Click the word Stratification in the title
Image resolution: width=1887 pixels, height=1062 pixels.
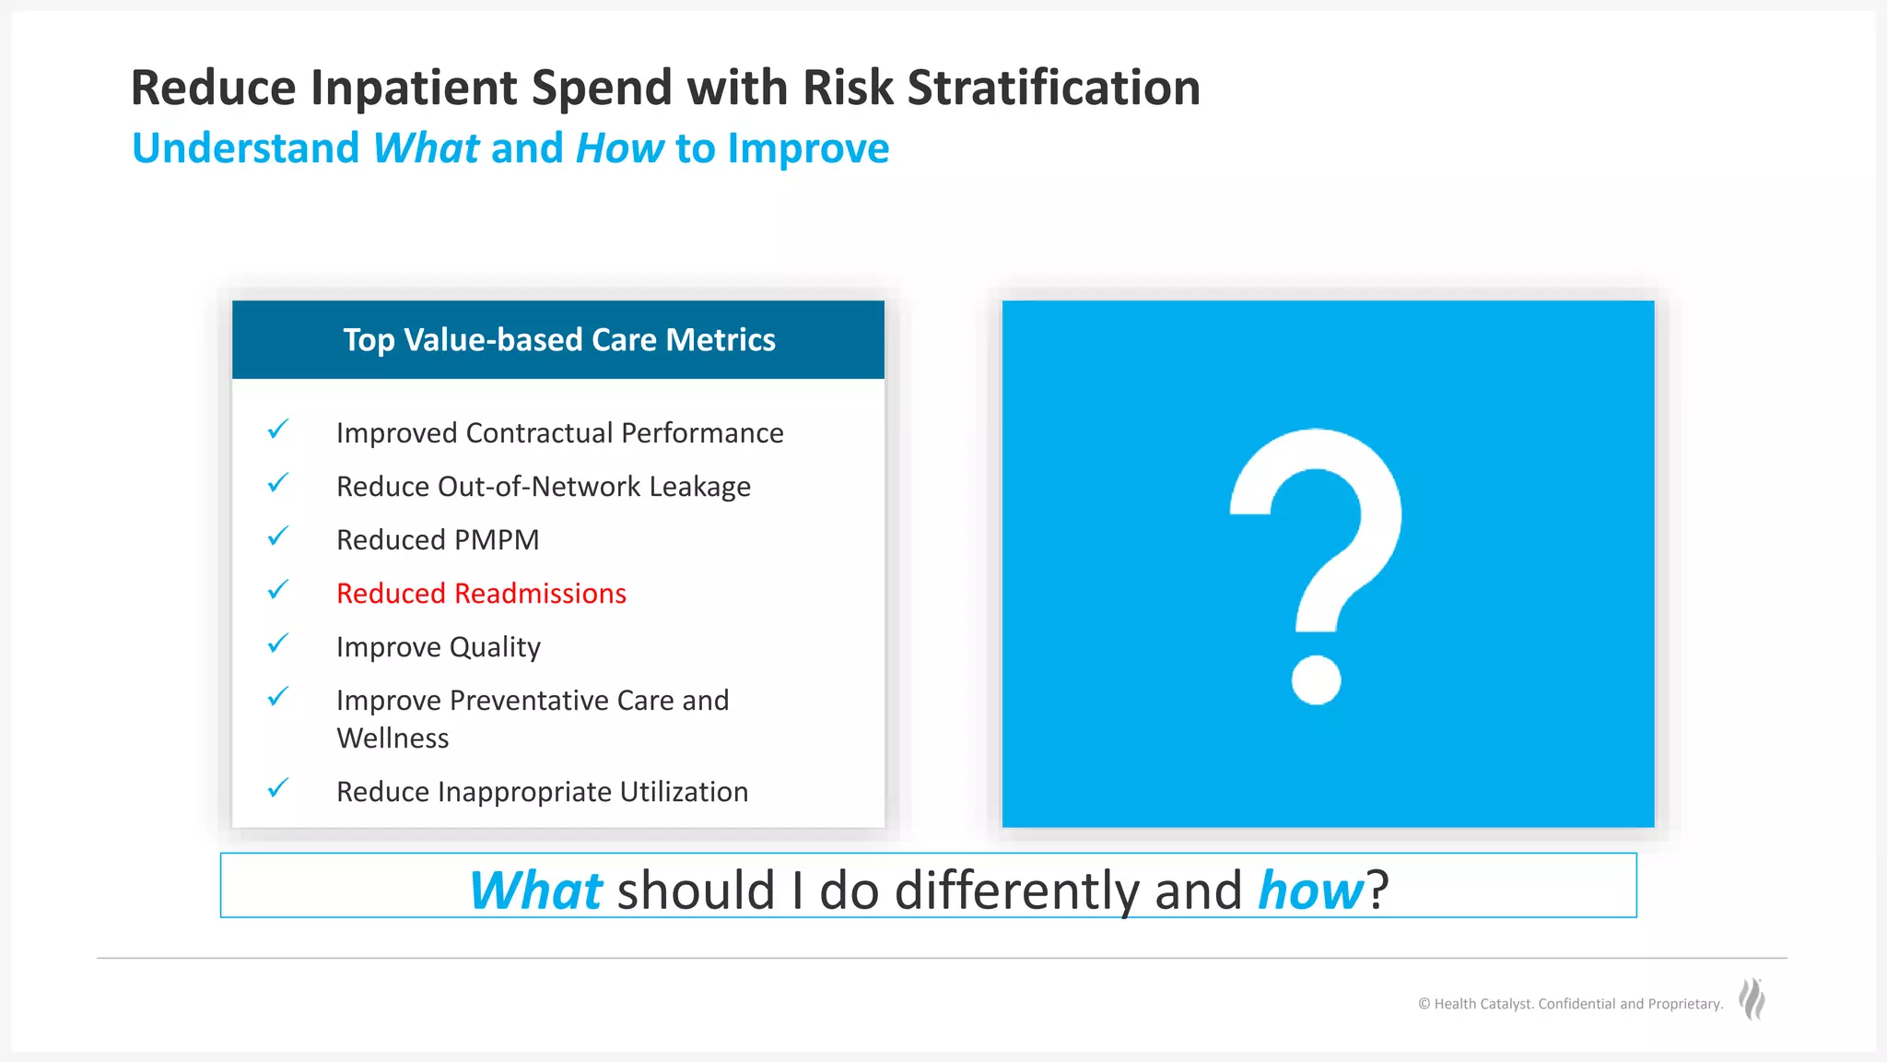point(1053,88)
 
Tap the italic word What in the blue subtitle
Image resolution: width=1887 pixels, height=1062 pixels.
point(426,148)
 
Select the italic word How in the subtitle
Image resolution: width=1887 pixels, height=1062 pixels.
point(619,148)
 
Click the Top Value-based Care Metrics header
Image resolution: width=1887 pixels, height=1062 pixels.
point(558,340)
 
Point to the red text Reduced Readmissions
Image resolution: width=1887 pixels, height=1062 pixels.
point(481,594)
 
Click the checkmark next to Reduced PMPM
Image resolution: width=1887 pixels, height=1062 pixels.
point(277,537)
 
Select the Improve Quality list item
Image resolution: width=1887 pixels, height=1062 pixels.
point(438,647)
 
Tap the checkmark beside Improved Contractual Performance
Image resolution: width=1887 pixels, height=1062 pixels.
point(277,430)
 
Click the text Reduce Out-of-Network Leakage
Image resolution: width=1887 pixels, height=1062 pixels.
point(543,487)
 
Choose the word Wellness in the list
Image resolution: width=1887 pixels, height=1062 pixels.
point(393,738)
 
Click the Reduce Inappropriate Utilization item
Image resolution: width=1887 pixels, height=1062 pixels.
point(542,792)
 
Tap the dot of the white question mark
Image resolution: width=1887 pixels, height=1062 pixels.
point(1316,679)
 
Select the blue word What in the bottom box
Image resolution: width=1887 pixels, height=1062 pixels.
point(535,891)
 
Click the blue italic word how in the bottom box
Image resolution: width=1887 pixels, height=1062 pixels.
point(1310,891)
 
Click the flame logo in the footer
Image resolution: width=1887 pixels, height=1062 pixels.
point(1752,1000)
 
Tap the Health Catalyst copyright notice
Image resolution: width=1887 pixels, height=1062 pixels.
point(1570,1004)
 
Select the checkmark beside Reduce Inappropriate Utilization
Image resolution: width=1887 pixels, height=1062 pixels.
point(277,788)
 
